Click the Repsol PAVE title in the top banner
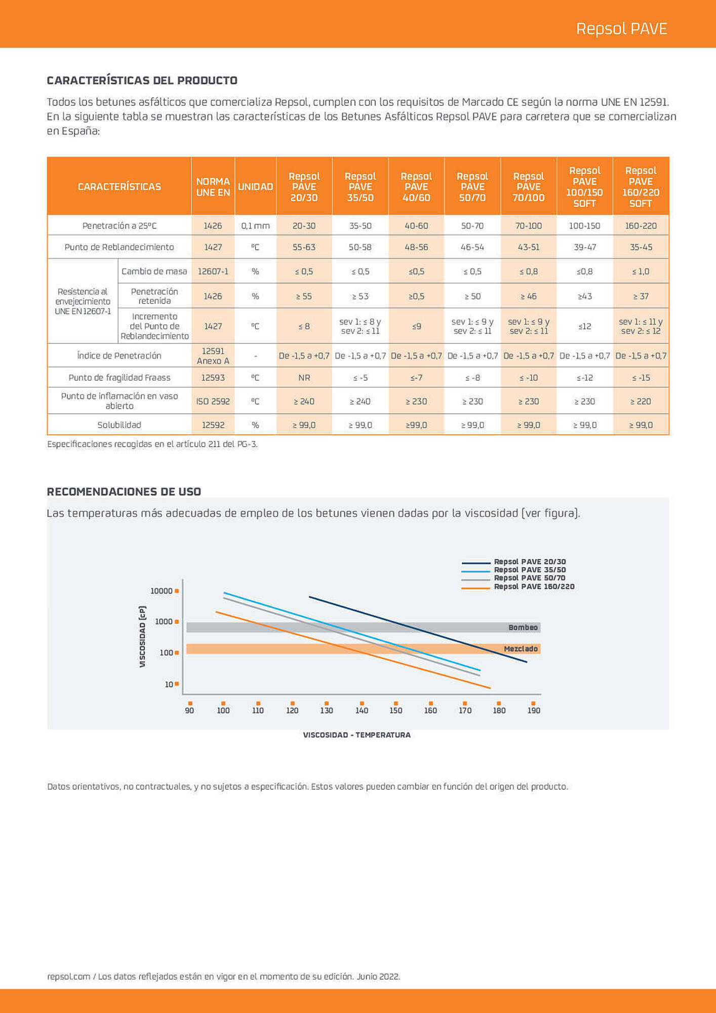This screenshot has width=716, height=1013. [621, 29]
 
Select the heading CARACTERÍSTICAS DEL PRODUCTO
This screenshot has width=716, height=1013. [142, 81]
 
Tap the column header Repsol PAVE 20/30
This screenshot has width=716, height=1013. [304, 187]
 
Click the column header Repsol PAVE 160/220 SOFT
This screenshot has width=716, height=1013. [641, 187]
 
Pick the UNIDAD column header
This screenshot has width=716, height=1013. [255, 187]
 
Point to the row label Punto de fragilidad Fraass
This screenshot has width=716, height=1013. [120, 378]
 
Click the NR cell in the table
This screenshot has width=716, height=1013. [304, 378]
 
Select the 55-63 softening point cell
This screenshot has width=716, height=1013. [304, 247]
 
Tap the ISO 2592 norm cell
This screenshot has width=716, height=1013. [213, 402]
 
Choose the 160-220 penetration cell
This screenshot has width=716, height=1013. [641, 226]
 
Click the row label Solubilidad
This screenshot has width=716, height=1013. [120, 425]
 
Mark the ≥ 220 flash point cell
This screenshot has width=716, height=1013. [641, 402]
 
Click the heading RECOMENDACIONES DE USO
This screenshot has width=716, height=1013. [124, 492]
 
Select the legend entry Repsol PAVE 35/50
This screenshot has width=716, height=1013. [530, 570]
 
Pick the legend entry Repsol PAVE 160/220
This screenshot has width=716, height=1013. [534, 587]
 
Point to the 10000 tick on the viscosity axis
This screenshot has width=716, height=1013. [162, 591]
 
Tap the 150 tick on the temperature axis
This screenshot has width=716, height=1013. [396, 711]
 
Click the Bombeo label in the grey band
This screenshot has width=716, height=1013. [523, 628]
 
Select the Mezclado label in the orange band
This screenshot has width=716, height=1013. [521, 649]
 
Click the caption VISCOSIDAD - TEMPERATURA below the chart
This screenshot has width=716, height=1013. [357, 735]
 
